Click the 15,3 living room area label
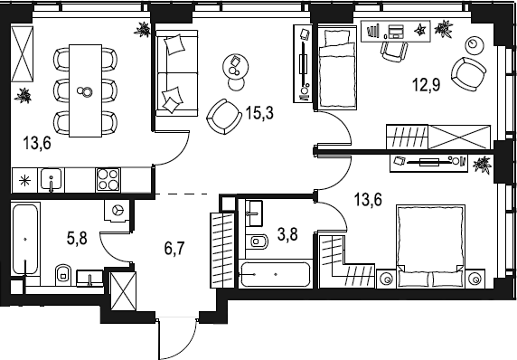259,113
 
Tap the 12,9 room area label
426,85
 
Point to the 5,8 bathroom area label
77,238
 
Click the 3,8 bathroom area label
287,235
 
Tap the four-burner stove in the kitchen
108,180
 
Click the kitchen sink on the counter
52,179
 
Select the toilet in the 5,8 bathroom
63,274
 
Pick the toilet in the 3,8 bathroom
259,242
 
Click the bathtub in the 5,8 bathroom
25,239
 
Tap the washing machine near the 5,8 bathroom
117,210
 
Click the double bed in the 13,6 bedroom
430,246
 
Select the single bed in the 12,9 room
336,68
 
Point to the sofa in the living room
177,73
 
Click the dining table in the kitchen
85,90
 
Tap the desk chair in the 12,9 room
394,51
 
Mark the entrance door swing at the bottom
177,340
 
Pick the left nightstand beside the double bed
386,279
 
